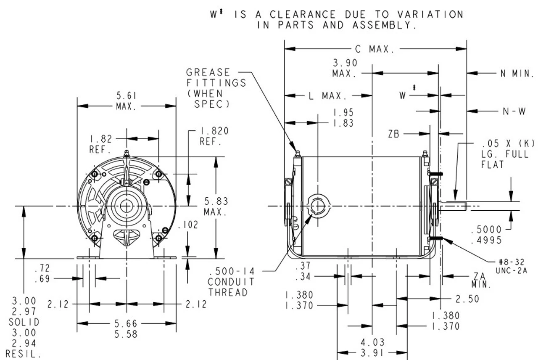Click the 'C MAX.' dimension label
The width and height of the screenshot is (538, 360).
coord(375,49)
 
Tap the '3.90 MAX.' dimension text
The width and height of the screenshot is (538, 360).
coord(345,68)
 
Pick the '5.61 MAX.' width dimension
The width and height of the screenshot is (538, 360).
coord(126,101)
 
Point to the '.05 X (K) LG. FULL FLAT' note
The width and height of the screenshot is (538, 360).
coord(508,154)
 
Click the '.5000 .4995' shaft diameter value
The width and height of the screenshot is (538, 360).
coord(486,235)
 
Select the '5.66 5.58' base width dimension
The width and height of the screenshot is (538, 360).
coord(126,329)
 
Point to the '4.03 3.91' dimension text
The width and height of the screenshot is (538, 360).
coord(373,348)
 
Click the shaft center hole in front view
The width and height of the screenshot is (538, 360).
coord(126,205)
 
